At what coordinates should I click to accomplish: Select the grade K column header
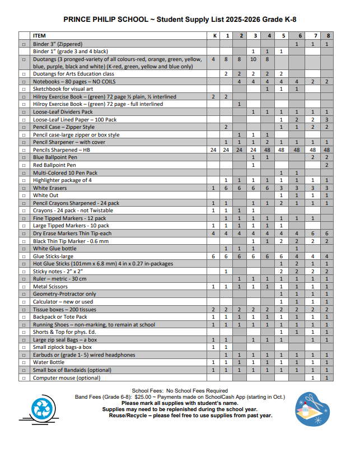point(213,36)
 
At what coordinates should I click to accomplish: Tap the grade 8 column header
point(327,36)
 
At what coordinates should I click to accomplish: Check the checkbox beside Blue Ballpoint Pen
point(24,157)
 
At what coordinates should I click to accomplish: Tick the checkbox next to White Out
point(24,195)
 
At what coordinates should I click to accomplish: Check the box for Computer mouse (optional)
point(24,378)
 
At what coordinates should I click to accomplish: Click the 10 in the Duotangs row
point(253,59)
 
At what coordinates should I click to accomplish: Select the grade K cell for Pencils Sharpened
point(213,150)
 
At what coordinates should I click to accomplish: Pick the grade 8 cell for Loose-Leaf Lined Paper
point(327,119)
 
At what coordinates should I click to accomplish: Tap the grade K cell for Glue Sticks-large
point(213,256)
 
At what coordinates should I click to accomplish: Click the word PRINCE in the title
point(79,18)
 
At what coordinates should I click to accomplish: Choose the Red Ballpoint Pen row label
point(55,165)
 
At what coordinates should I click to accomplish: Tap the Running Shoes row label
point(94,324)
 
